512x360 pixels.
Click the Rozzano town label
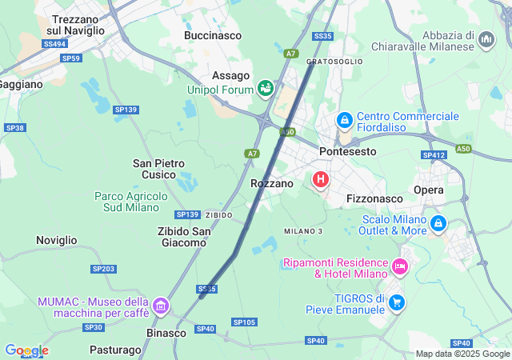272,183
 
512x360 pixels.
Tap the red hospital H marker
321,179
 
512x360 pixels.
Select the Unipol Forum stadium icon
265,89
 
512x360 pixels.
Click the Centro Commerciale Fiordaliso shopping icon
344,121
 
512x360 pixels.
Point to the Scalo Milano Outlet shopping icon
438,223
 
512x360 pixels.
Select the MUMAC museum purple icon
161,306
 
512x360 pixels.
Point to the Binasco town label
166,332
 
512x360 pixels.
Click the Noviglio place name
57,240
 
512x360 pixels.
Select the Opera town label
429,190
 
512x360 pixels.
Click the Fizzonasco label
374,197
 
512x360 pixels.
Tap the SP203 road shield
103,269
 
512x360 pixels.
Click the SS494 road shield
54,44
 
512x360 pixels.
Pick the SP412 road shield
434,155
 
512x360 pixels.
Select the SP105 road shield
244,322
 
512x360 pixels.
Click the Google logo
26,350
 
